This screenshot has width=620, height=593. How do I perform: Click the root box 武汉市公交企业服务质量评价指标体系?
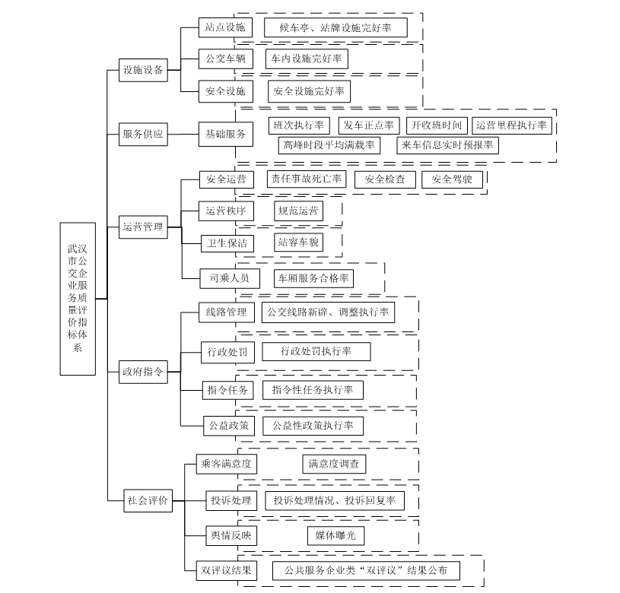(x=78, y=299)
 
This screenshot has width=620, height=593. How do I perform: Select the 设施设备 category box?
(x=143, y=70)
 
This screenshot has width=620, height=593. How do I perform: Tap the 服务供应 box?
(x=143, y=134)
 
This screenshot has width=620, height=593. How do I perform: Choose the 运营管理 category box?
(x=143, y=227)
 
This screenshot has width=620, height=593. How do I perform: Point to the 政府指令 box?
(x=143, y=372)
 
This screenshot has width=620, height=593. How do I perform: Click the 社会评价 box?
(x=148, y=500)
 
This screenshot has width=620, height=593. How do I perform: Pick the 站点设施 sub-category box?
(x=225, y=27)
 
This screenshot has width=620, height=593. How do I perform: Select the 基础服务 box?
(x=226, y=135)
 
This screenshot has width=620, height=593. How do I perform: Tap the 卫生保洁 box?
(x=227, y=243)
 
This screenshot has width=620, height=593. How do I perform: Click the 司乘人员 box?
(x=230, y=278)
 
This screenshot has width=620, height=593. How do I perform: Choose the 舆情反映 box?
(x=231, y=535)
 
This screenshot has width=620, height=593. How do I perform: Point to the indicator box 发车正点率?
(x=369, y=125)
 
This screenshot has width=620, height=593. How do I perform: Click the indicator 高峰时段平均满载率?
(x=329, y=145)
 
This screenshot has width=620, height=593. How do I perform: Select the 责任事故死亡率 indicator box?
(x=307, y=179)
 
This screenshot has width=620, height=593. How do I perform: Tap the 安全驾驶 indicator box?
(x=452, y=179)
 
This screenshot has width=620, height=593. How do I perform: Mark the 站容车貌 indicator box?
(x=298, y=243)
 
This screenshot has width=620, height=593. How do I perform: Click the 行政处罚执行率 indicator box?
(x=316, y=351)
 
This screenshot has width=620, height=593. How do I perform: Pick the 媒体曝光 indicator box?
(x=335, y=536)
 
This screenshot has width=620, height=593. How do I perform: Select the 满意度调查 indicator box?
(x=334, y=464)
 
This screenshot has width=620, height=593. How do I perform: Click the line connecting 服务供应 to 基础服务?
(x=183, y=134)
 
